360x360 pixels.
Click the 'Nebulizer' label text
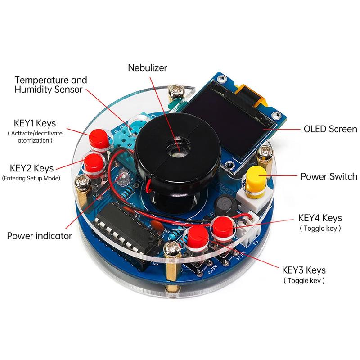click(148, 67)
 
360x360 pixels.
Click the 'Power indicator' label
click(39, 235)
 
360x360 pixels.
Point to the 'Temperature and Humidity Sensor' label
click(51, 85)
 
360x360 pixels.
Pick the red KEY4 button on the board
click(222, 227)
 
